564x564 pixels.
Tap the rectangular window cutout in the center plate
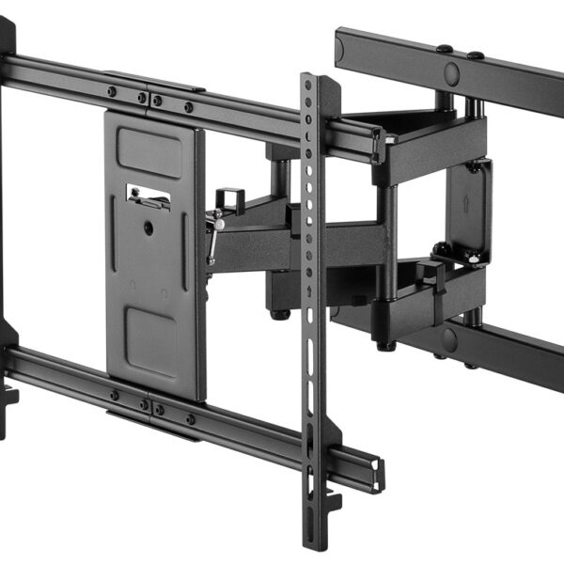(148, 196)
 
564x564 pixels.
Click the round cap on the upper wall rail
(451, 72)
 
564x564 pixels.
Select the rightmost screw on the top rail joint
(188, 106)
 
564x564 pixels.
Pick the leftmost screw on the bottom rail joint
(112, 396)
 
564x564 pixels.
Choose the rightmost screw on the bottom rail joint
(189, 419)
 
